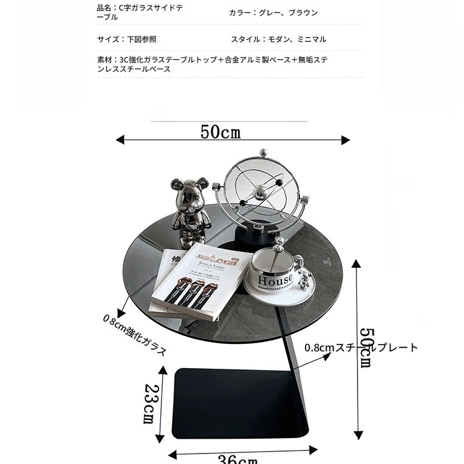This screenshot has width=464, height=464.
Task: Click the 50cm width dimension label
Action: coord(220,132)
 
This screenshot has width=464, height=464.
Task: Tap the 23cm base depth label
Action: coord(150,403)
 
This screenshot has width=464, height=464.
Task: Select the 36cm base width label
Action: coord(238,459)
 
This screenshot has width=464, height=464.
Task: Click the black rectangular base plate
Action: coord(238,402)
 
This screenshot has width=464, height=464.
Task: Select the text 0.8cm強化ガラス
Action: coord(135,335)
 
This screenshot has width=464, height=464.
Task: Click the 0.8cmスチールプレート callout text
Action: coord(361,348)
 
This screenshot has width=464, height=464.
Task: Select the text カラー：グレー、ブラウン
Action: coord(273,12)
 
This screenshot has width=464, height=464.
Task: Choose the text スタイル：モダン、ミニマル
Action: coord(278,39)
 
